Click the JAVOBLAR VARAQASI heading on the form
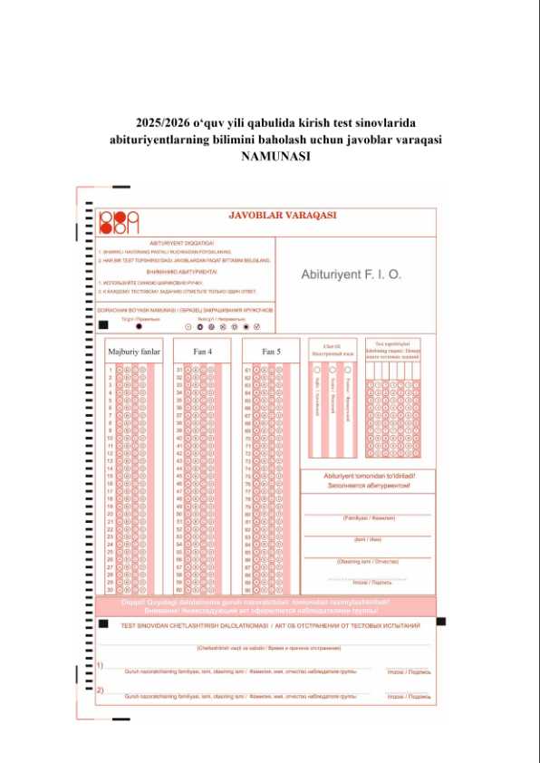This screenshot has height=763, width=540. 283,216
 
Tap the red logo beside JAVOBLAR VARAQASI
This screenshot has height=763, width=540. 120,220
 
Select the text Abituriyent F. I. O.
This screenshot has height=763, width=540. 351,273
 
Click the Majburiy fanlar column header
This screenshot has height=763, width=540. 133,351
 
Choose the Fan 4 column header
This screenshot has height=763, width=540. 203,351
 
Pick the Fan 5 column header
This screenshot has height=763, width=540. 271,351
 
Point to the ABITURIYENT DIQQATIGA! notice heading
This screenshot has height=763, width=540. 181,244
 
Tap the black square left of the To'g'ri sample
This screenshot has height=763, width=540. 103,324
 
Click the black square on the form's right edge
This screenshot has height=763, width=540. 440,622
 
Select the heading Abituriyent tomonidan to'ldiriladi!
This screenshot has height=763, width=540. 368,476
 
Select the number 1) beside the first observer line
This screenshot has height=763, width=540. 100,666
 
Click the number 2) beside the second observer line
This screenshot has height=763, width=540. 100,691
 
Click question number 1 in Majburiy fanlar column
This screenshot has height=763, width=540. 111,370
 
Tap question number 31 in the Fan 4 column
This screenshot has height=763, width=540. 179,370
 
